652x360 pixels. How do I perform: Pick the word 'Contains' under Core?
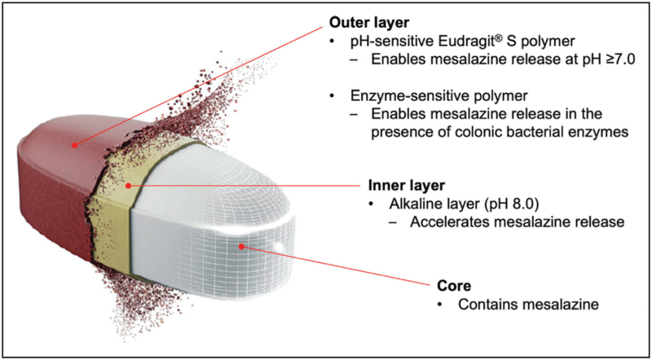[487, 305]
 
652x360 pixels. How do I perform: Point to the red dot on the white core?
[240, 245]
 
